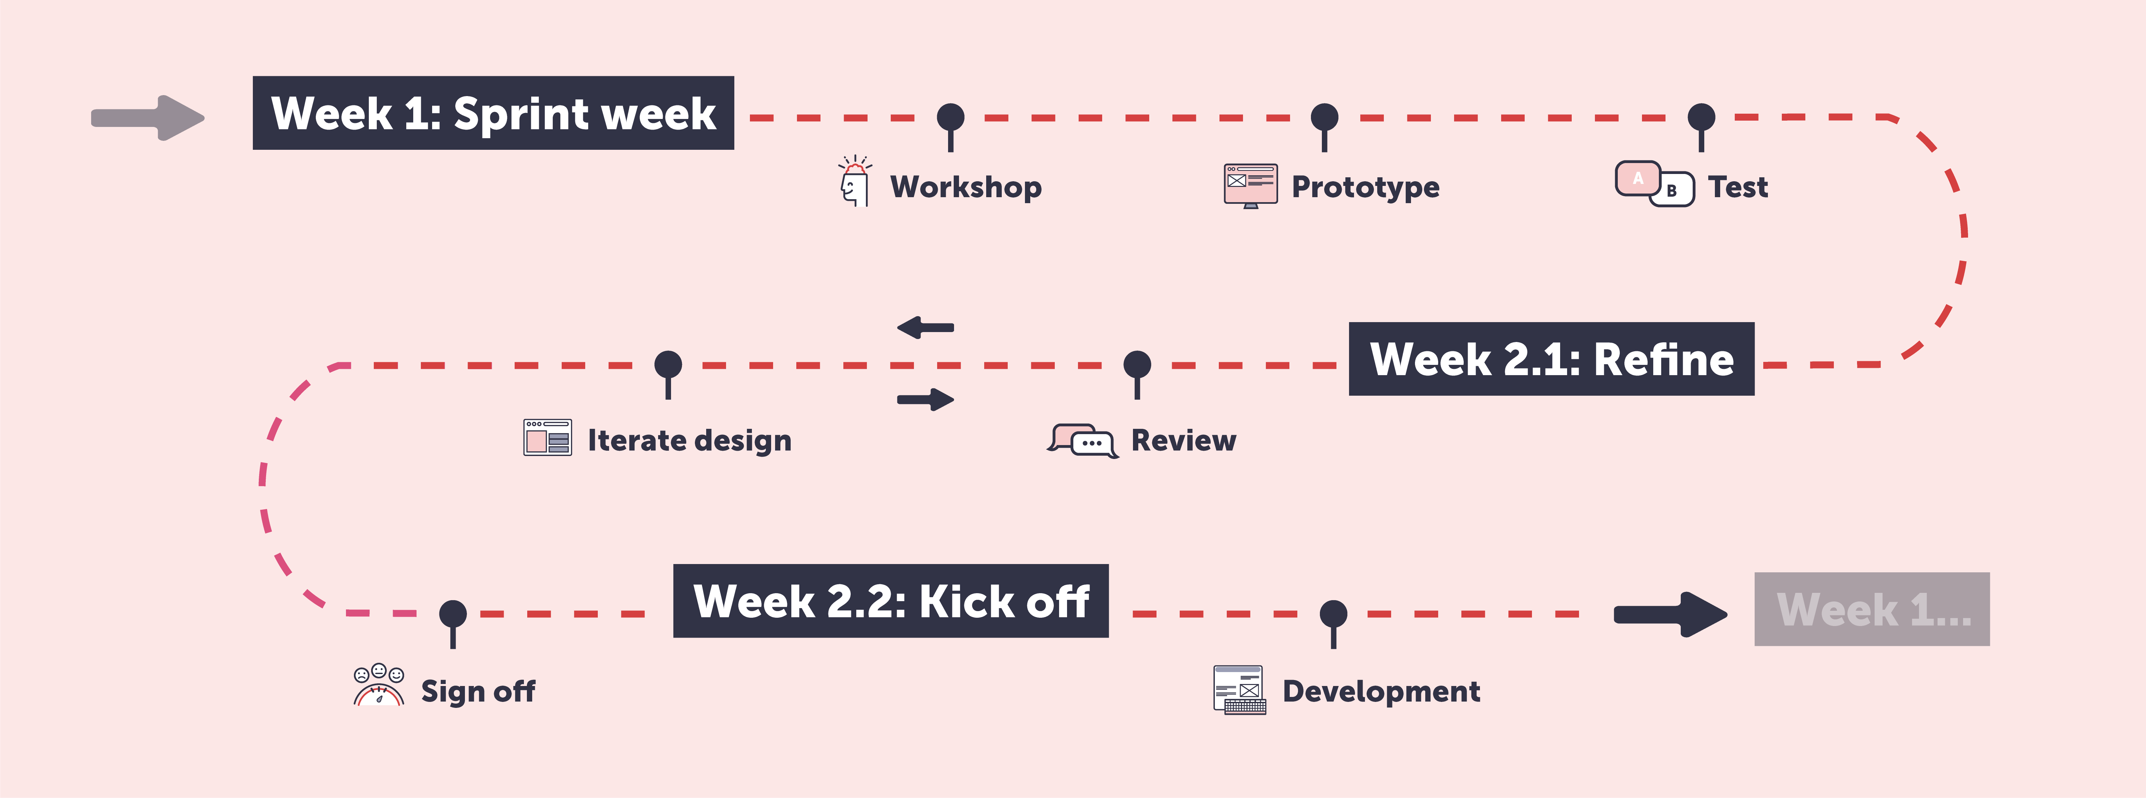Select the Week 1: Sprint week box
(493, 113)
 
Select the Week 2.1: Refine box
(1551, 359)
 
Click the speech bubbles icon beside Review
(1082, 440)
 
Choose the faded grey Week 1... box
(1872, 609)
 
